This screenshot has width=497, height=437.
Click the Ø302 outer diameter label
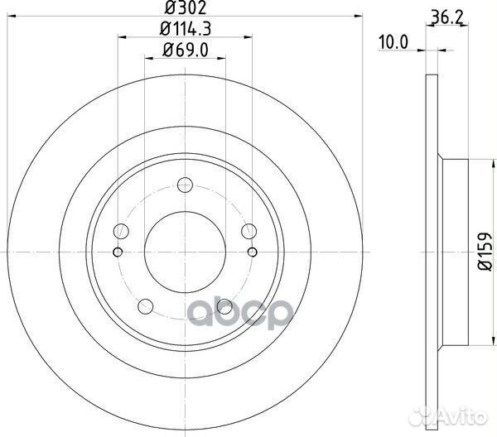tap(184, 10)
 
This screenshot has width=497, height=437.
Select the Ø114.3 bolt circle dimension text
tap(185, 31)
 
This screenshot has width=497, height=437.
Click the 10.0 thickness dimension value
tap(394, 41)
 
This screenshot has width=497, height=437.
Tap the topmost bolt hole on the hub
tap(184, 186)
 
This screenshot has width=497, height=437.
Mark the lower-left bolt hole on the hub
tap(147, 305)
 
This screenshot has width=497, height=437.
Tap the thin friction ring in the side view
tap(429, 248)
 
